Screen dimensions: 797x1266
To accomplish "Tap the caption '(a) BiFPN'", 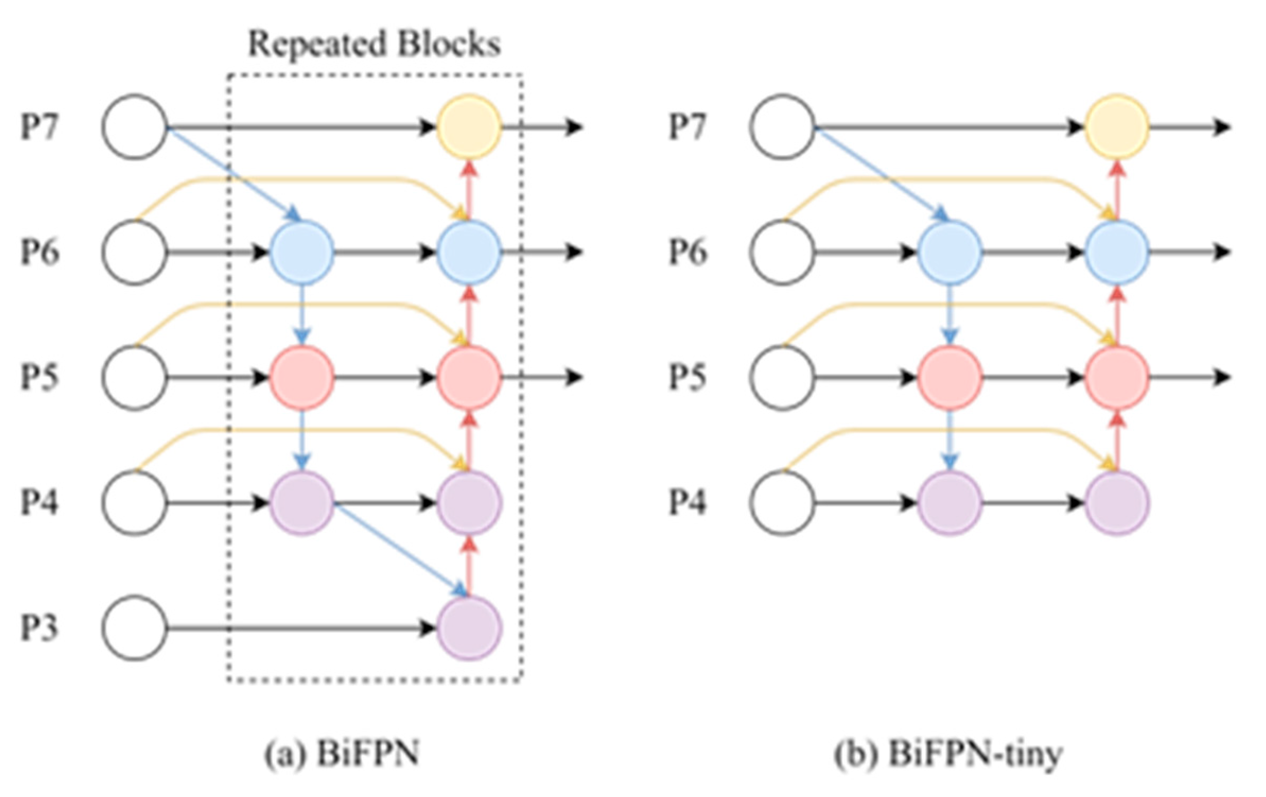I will click(x=342, y=753).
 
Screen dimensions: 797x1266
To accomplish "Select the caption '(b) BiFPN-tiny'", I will click(x=948, y=753).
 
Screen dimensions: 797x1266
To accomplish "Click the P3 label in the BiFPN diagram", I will click(x=39, y=628).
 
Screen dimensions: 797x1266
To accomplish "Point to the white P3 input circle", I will click(x=135, y=628).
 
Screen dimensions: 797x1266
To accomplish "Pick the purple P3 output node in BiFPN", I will click(x=469, y=628).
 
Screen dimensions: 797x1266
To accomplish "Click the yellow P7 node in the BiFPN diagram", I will click(x=469, y=127).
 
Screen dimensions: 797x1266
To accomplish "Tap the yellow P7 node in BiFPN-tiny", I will click(x=1117, y=127).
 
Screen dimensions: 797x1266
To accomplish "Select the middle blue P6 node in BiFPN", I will click(x=302, y=252).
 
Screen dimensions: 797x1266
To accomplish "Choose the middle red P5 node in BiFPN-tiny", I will click(x=949, y=377).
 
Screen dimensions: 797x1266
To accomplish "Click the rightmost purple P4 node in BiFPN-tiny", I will click(x=1117, y=503).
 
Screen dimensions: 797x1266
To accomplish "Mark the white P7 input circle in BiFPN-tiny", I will click(x=782, y=127).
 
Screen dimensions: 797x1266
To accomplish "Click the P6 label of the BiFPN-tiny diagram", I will click(x=687, y=252).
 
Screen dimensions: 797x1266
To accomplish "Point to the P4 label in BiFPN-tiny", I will click(x=687, y=503).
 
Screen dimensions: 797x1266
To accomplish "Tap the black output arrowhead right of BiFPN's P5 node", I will click(x=574, y=377).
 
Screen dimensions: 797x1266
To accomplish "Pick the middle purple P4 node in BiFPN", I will click(x=302, y=503).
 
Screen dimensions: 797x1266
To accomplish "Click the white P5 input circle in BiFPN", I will click(x=135, y=377).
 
